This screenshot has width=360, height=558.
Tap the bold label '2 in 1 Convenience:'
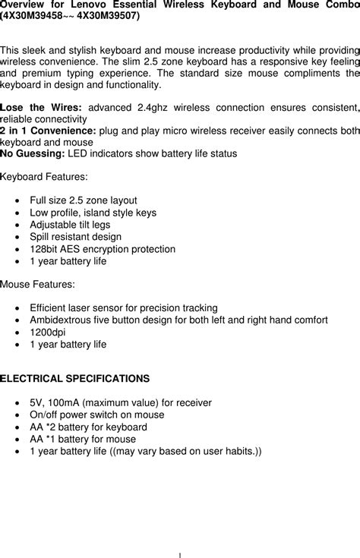point(48,131)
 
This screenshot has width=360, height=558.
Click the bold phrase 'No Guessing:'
point(33,153)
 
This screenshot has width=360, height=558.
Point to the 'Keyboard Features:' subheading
point(44,178)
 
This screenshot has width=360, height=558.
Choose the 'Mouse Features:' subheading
point(38,284)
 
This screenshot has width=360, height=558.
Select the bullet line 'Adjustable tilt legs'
point(70,225)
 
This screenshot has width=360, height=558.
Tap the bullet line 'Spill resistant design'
point(75,237)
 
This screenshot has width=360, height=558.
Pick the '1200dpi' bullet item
point(48,332)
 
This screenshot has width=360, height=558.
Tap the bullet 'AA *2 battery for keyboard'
point(88,427)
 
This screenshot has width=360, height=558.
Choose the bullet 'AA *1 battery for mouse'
point(83,439)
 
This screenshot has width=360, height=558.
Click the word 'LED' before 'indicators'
point(77,153)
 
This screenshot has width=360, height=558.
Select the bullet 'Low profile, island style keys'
point(93,213)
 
